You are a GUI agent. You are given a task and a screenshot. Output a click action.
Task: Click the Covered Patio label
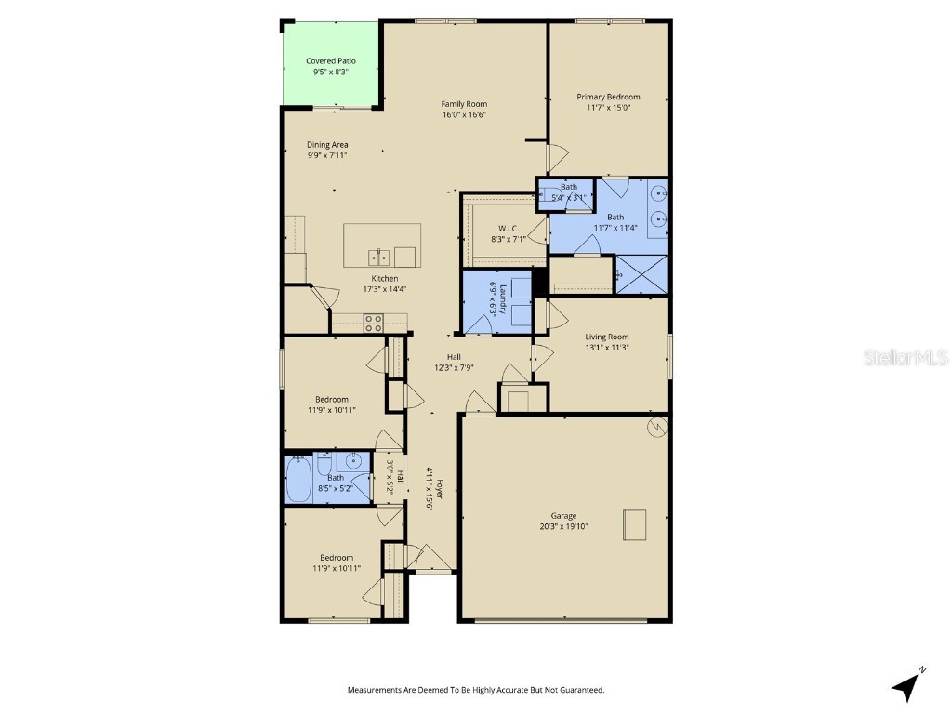pyautogui.click(x=331, y=61)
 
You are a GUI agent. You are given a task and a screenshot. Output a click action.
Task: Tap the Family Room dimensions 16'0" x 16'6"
pyautogui.click(x=464, y=114)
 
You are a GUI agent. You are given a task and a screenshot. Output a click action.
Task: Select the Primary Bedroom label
pyautogui.click(x=608, y=97)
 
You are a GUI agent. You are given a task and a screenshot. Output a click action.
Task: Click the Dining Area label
pyautogui.click(x=327, y=145)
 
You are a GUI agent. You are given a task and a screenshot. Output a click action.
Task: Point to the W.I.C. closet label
pyautogui.click(x=508, y=228)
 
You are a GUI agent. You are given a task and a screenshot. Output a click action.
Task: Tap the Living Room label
pyautogui.click(x=607, y=337)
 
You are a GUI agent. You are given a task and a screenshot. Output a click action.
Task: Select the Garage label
pyautogui.click(x=563, y=516)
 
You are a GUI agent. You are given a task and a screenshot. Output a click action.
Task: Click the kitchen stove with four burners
pyautogui.click(x=373, y=323)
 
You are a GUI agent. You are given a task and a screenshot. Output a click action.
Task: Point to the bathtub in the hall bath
pyautogui.click(x=299, y=481)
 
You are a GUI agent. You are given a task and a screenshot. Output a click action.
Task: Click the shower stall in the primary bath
pyautogui.click(x=641, y=275)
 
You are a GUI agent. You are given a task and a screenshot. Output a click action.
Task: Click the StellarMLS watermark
pyautogui.click(x=906, y=357)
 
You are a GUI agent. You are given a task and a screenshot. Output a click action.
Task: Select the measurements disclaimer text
pyautogui.click(x=476, y=690)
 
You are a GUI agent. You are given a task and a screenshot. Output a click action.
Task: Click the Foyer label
pyautogui.click(x=441, y=483)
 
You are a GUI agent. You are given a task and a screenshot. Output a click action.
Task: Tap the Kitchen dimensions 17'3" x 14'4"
pyautogui.click(x=385, y=288)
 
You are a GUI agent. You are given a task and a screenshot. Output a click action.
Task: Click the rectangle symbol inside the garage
pyautogui.click(x=635, y=524)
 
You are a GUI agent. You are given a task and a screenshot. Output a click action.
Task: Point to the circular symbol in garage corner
pyautogui.click(x=657, y=427)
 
